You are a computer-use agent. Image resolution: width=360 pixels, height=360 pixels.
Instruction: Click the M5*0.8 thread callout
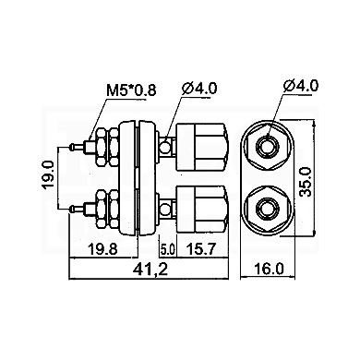point(131,90)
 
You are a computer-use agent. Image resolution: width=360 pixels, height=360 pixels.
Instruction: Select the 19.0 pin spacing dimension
point(48,177)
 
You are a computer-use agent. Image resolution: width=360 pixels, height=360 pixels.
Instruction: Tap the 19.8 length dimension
point(102,249)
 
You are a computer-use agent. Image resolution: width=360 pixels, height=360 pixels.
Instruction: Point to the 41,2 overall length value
point(150,270)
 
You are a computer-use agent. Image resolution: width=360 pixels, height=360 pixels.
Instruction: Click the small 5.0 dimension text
point(167,250)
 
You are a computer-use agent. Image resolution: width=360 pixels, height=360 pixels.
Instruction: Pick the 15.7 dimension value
point(202,249)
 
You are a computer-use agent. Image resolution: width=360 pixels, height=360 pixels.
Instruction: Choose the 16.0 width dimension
point(269,270)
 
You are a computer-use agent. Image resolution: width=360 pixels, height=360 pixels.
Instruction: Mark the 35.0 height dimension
point(306,182)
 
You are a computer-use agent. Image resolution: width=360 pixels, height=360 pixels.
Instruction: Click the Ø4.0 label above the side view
point(199,89)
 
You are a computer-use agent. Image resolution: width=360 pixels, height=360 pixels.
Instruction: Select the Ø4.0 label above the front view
point(301,86)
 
